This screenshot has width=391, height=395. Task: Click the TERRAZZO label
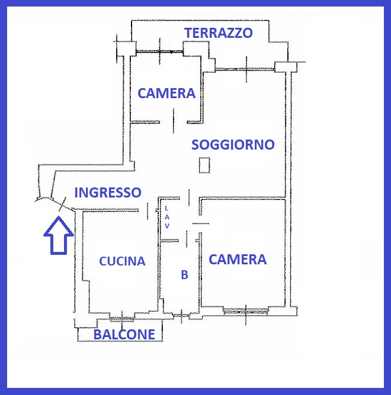[219, 33]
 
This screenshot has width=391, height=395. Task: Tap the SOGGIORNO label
[233, 145]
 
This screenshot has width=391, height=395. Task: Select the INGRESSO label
[108, 192]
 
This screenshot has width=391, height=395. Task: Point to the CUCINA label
[122, 261]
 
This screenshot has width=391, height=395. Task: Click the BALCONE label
[124, 335]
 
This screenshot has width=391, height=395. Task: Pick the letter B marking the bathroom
[184, 275]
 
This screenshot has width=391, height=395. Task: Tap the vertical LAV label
[166, 217]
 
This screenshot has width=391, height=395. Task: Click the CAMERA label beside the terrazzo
[166, 93]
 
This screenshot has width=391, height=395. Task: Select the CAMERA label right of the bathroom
[238, 260]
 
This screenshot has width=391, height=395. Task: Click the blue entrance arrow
[59, 235]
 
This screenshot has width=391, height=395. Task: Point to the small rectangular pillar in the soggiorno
[204, 165]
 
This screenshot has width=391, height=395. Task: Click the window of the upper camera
[159, 51]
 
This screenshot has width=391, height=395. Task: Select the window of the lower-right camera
[246, 312]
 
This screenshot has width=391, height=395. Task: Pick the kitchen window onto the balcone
[122, 319]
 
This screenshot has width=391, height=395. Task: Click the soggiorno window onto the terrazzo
[245, 69]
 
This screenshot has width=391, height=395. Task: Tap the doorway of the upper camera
[173, 122]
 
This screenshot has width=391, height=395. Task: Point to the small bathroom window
[181, 316]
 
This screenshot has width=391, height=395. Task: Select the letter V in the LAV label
[167, 226]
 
